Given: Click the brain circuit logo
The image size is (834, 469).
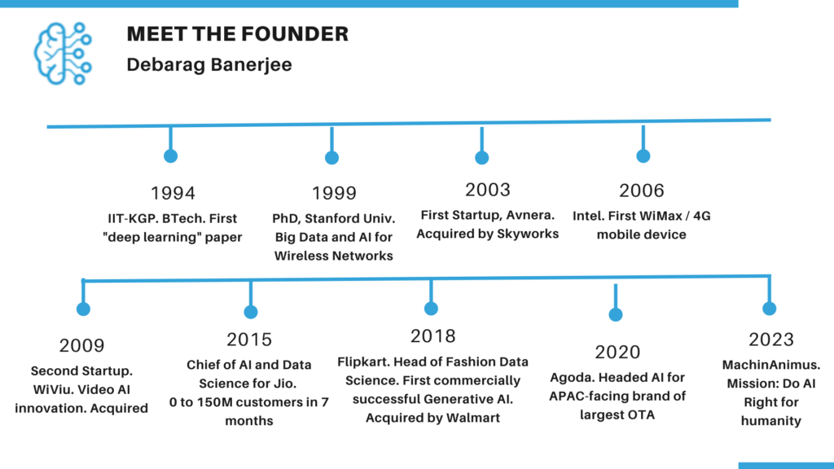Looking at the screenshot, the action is (63, 53).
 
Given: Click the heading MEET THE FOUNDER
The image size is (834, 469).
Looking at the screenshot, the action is (237, 34).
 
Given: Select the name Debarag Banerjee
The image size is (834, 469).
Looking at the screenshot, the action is (209, 65).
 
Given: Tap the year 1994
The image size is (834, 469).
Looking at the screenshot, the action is (173, 193).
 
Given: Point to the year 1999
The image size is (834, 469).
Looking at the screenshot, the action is (334, 193).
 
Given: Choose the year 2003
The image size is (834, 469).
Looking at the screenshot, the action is (488, 190).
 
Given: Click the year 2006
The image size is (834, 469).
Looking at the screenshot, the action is (642, 191).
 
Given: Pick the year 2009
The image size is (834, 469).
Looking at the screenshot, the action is (82, 345).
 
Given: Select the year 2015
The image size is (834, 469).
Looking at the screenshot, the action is (249, 340).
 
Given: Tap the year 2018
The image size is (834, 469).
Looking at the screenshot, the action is (433, 336).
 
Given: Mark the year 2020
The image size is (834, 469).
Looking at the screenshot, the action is (617, 352).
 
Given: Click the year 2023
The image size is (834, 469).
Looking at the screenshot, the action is (771, 340).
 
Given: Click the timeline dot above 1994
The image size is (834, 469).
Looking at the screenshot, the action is (171, 156).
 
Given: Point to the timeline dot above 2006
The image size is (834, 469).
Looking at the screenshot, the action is (643, 156).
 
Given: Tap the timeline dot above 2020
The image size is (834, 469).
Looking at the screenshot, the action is (616, 315).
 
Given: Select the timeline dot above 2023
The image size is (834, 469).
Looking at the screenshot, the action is (769, 309).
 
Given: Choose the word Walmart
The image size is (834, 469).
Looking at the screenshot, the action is (473, 418).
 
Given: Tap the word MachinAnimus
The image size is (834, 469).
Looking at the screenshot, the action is (771, 365).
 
